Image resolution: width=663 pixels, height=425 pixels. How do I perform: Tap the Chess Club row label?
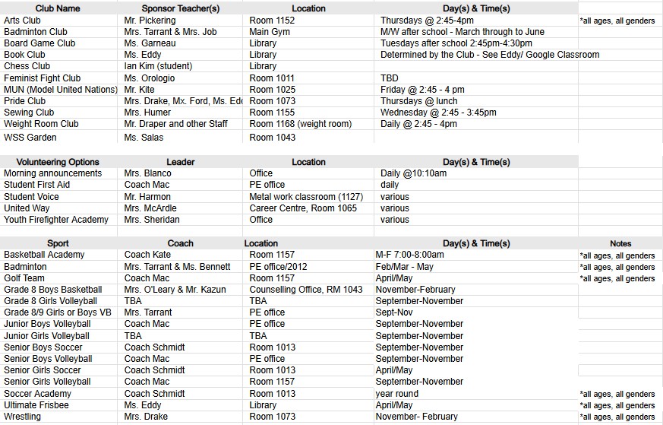(x=27, y=66)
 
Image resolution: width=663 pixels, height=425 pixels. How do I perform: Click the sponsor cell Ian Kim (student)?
(x=158, y=66)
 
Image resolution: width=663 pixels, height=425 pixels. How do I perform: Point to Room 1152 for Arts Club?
(x=272, y=21)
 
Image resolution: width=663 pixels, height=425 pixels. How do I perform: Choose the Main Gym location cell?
(x=269, y=32)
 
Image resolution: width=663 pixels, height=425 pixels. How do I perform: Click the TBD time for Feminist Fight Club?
(x=389, y=78)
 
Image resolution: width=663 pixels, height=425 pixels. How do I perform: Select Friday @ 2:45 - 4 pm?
(x=422, y=89)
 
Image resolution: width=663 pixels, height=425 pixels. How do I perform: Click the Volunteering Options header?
(x=58, y=162)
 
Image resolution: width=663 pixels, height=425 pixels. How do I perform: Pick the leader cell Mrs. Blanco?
(x=147, y=173)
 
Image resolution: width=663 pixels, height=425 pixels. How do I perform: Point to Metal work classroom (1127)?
(x=306, y=197)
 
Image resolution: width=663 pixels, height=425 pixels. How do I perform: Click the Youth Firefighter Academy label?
(x=56, y=220)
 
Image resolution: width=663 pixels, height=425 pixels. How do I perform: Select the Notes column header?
(x=620, y=243)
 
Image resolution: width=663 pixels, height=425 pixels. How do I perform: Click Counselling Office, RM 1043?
(x=306, y=290)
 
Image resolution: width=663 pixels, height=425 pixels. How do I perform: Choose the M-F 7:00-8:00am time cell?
(x=409, y=255)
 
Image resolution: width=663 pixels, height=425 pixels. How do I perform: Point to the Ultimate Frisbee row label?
(x=36, y=405)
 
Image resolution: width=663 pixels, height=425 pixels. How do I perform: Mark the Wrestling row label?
(x=23, y=417)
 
